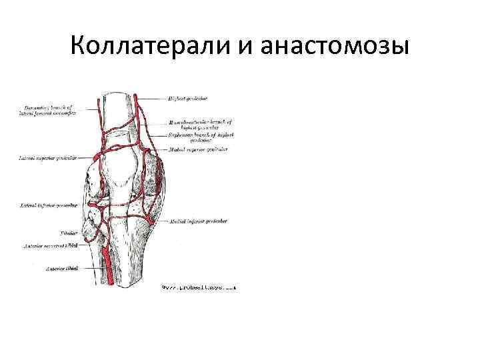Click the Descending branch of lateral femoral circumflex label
pos(49,109)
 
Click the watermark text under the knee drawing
pos(198,287)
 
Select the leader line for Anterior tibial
pos(92,268)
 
